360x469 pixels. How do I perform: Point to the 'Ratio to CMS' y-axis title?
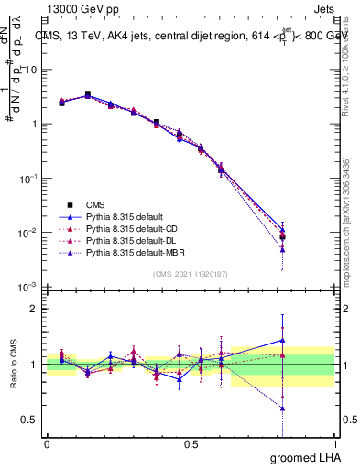(x=14, y=365)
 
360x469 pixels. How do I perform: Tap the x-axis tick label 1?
(x=333, y=443)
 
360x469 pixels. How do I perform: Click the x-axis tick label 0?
(x=47, y=443)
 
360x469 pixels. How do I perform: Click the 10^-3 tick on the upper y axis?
(x=28, y=287)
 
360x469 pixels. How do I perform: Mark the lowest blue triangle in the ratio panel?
(x=282, y=409)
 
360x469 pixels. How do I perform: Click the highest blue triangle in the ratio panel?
(x=282, y=340)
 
